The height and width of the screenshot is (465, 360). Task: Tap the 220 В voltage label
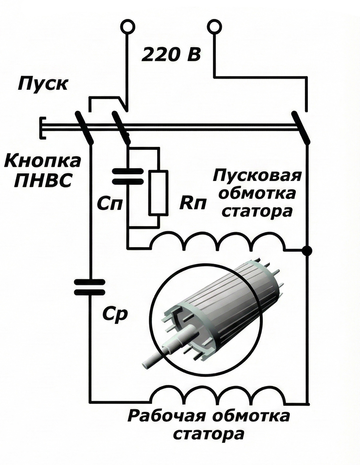click(171, 55)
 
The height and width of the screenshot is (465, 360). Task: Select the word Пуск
click(43, 84)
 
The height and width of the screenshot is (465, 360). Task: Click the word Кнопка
click(43, 161)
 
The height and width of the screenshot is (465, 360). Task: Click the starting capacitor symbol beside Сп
click(128, 176)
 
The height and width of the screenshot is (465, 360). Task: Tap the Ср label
click(115, 315)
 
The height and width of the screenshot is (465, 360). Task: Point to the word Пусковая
click(257, 175)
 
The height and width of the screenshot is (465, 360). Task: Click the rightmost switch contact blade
click(301, 128)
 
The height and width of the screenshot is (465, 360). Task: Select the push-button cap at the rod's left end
click(42, 128)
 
